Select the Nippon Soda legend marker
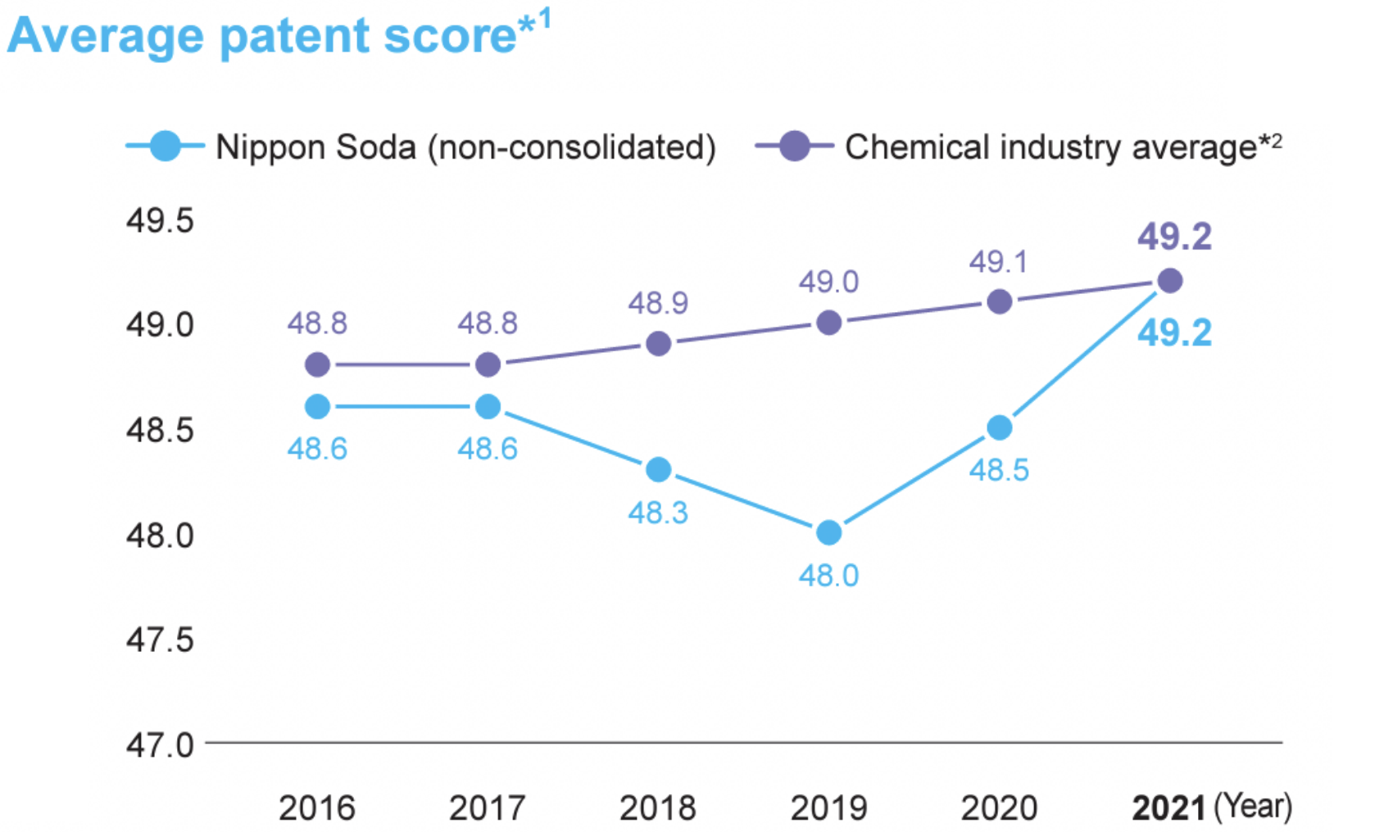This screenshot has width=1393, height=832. tap(165, 147)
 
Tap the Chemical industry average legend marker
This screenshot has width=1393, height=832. tap(794, 147)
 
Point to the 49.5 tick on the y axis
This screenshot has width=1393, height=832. tap(160, 221)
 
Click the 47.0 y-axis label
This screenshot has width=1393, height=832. tap(160, 745)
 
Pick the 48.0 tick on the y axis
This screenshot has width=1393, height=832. tap(160, 536)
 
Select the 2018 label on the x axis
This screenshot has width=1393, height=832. tap(657, 808)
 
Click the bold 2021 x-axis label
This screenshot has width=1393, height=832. tap(1168, 808)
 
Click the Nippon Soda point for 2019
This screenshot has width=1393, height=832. tap(828, 533)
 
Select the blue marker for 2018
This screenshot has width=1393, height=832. tap(658, 470)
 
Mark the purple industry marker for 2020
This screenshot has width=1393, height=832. tap(999, 302)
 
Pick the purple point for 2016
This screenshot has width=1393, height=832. tap(317, 364)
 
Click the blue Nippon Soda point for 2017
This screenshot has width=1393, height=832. tap(488, 407)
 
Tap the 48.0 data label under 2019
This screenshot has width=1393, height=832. tap(828, 576)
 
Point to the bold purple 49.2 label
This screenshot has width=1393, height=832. tap(1174, 237)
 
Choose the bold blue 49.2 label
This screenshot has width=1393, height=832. tap(1174, 333)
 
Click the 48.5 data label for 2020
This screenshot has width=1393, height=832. tap(999, 470)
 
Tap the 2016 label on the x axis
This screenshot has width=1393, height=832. tap(317, 808)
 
